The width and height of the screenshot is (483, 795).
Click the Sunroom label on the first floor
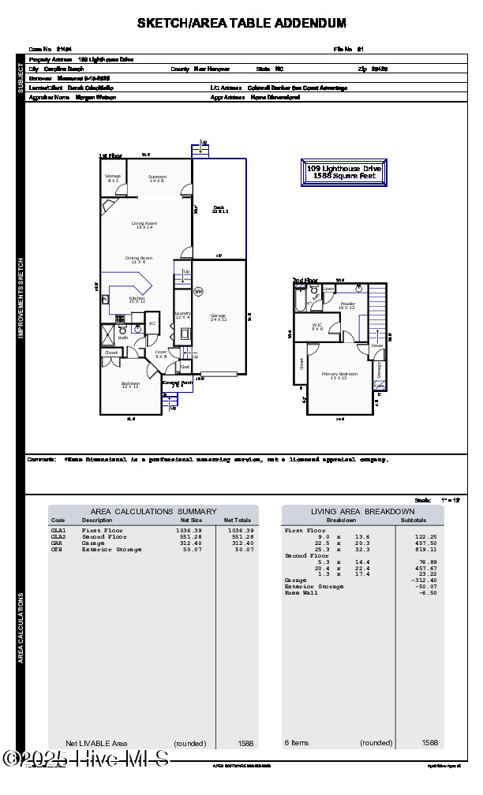157,179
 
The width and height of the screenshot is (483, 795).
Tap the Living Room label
144,225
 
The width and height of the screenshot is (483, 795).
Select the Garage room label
218,317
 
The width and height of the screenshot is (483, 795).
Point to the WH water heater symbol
199,292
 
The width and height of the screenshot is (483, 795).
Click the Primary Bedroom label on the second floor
339,375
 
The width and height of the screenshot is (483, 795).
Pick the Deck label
219,209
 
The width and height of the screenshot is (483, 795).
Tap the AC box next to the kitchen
152,324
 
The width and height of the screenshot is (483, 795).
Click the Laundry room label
183,315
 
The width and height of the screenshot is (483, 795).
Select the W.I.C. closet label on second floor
317,327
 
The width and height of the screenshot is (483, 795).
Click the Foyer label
161,354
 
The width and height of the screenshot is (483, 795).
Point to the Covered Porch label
178,383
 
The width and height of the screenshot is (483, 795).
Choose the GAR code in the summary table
57,543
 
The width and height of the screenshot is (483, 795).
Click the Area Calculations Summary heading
153,512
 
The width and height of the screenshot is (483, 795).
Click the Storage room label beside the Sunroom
113,178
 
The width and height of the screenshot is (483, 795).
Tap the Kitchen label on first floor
137,300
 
